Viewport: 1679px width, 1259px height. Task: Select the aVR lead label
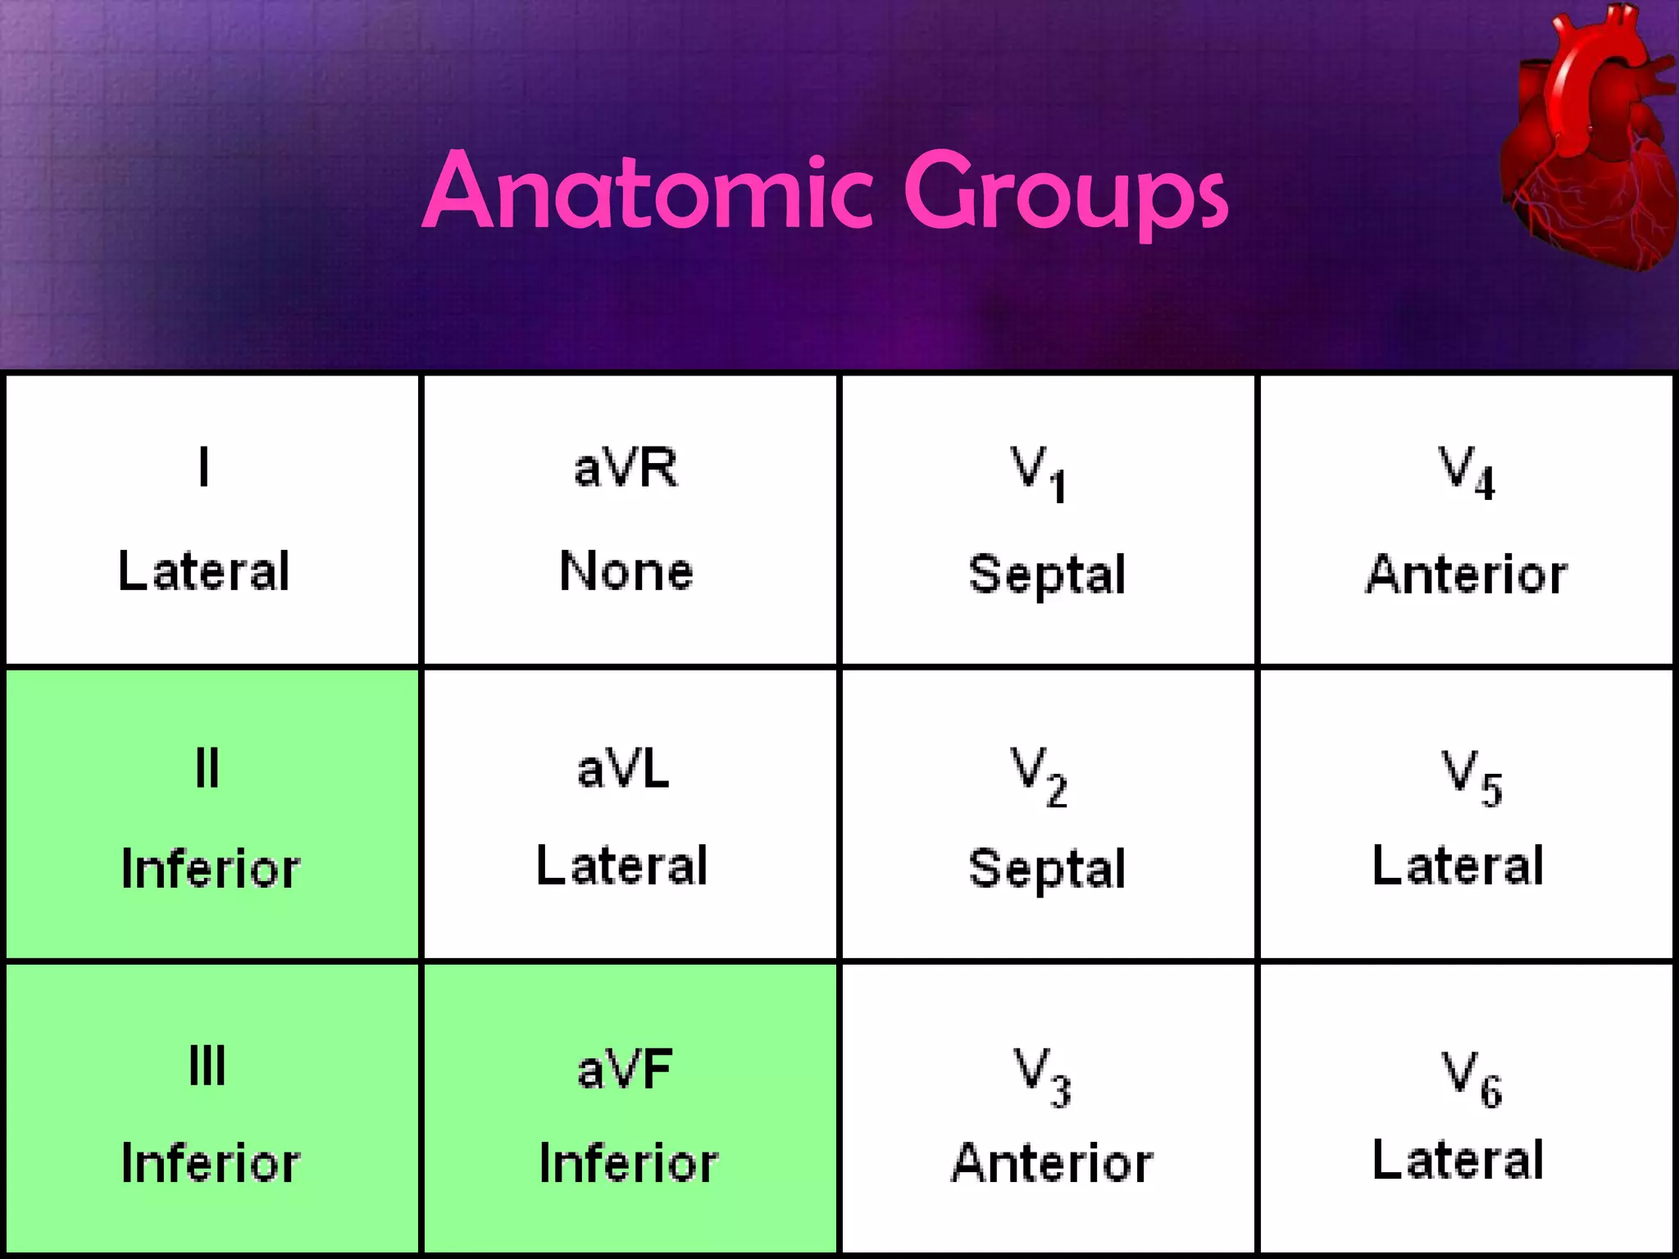point(626,468)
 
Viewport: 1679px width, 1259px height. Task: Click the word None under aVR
point(626,570)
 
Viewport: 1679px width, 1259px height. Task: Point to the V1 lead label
point(1038,473)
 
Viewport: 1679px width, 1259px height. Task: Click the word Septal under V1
point(1047,574)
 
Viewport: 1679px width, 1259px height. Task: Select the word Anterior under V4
point(1467,574)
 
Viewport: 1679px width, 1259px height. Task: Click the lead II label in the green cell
point(207,769)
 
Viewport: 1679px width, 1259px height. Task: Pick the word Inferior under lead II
point(211,869)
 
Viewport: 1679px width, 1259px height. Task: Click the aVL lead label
point(623,769)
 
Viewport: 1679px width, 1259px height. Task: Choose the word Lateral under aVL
point(621,866)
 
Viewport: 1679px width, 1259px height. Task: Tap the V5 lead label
point(1472,777)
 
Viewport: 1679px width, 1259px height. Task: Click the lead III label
point(207,1066)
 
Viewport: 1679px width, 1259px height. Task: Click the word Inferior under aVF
point(629,1163)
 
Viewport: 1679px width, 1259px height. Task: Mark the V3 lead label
point(1042,1076)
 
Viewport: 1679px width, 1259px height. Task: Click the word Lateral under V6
point(1458,1160)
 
